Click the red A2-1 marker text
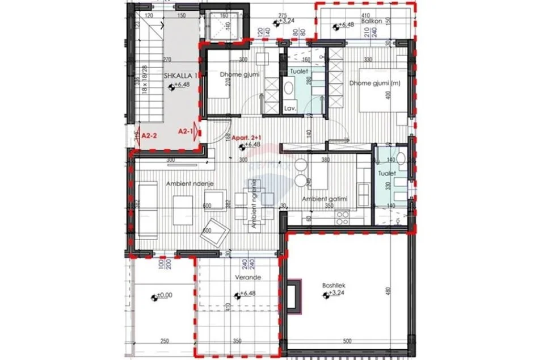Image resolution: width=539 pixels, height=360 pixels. point(186,131)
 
